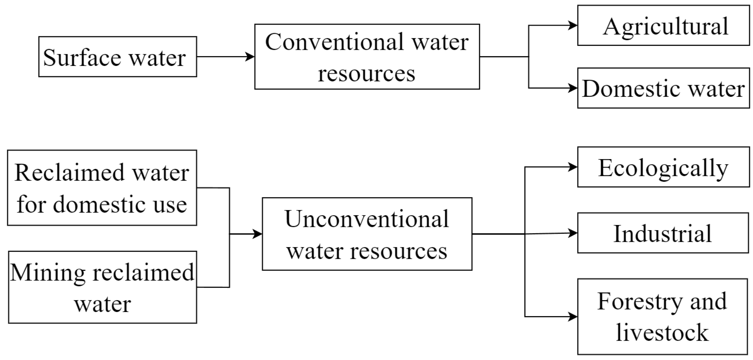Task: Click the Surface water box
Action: [x=118, y=57]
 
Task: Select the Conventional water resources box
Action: [x=367, y=57]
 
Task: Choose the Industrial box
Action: [x=663, y=233]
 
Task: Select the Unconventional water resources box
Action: [x=367, y=234]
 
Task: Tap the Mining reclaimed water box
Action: [x=102, y=287]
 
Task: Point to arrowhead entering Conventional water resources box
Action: [x=250, y=57]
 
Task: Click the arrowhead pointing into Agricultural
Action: [x=573, y=25]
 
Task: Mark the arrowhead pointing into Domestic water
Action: [x=573, y=88]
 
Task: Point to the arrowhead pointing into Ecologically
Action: [x=573, y=167]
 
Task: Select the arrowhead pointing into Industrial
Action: [x=573, y=233]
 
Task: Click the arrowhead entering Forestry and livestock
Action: [x=573, y=317]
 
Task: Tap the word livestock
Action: [x=662, y=333]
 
